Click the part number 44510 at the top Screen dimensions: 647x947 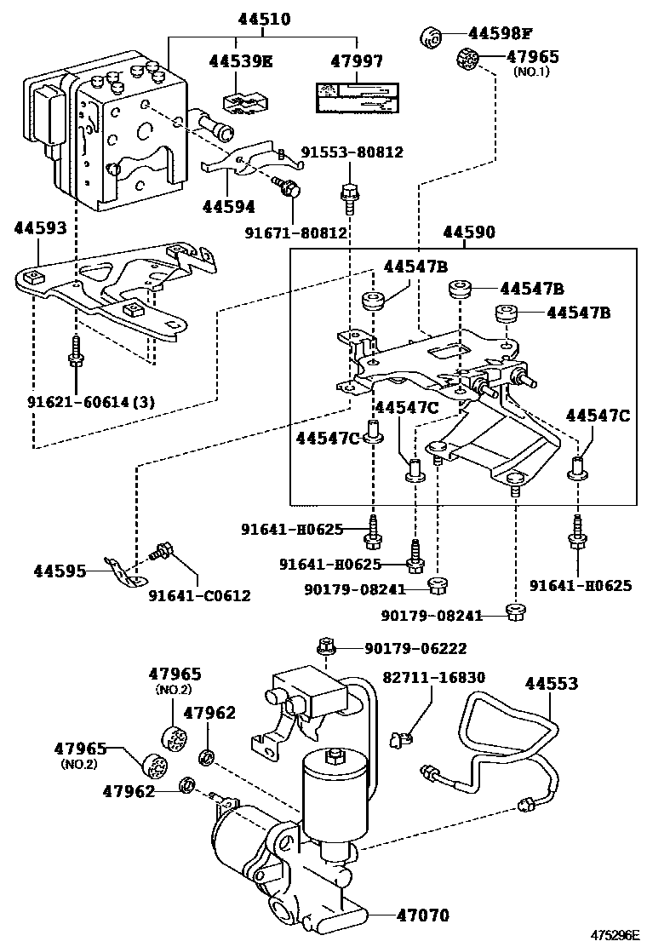click(264, 20)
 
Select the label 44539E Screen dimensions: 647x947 click(241, 61)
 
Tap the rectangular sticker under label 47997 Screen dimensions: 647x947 click(356, 98)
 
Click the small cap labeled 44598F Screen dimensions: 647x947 click(430, 36)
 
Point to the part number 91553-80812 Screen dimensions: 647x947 click(352, 152)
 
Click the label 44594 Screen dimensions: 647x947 click(229, 207)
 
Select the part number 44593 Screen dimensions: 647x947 click(41, 228)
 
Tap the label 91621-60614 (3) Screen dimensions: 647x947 click(91, 402)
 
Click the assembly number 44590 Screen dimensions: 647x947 click(469, 232)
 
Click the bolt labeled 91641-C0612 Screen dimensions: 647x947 click(161, 551)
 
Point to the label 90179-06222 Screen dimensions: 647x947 click(415, 648)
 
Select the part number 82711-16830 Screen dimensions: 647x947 click(433, 677)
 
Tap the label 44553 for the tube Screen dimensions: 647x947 click(551, 684)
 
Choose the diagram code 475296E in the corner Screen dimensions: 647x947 click(615, 936)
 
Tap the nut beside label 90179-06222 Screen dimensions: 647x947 click(326, 646)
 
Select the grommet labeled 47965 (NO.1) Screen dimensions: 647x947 click(467, 60)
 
